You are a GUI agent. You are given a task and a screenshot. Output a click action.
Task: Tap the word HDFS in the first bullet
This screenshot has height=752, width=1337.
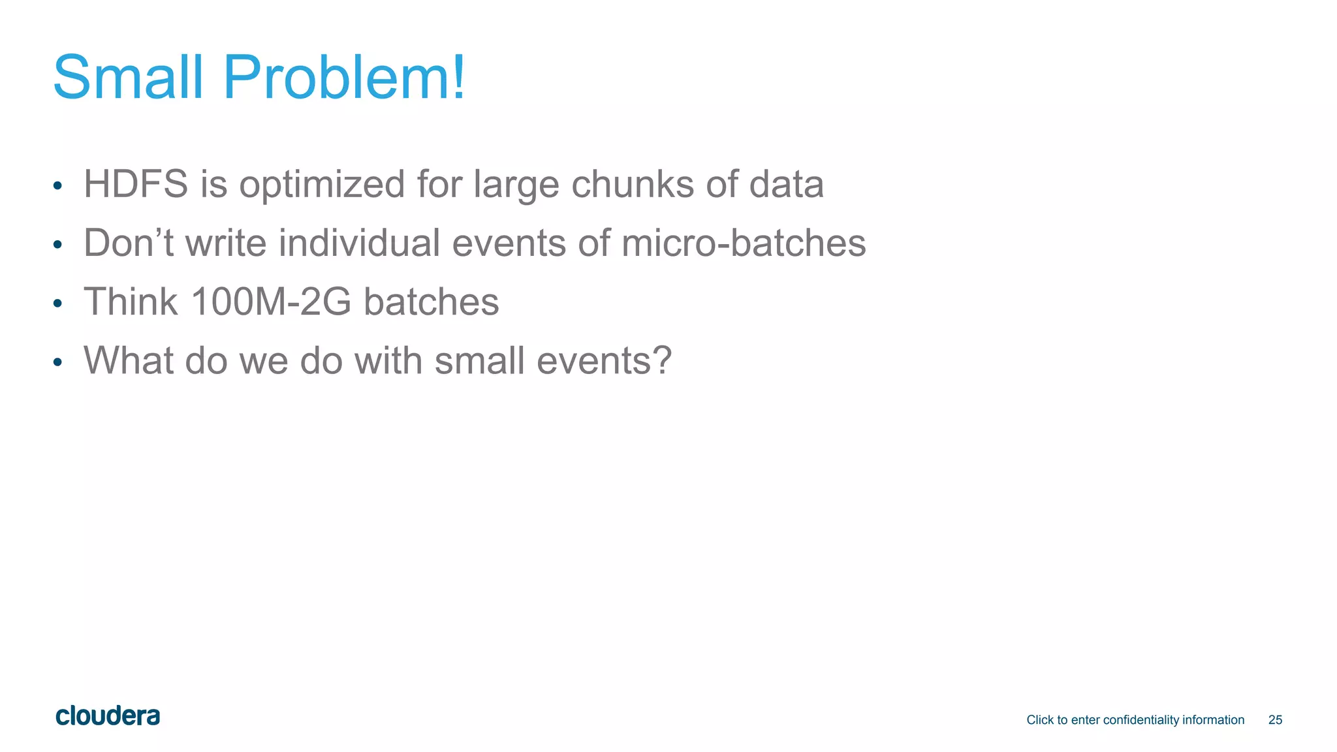tap(136, 184)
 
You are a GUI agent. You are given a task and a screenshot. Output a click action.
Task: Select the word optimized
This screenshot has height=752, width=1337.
tap(322, 185)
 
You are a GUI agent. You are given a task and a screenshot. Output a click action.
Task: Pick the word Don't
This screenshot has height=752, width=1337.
tap(129, 243)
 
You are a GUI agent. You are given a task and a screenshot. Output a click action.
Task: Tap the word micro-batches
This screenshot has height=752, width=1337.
tap(744, 243)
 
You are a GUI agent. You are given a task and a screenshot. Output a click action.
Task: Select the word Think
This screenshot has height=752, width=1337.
tap(131, 302)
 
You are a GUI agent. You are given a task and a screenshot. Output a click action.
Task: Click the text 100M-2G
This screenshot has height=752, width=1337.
tap(271, 302)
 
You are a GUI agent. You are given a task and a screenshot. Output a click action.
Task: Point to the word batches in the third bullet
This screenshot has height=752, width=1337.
tap(431, 302)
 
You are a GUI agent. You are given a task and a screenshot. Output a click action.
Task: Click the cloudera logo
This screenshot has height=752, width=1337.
tap(108, 716)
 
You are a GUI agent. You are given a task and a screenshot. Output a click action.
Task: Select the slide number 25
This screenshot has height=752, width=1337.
tap(1275, 720)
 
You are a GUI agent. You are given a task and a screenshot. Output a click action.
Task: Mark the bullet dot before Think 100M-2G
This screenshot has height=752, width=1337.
tap(57, 304)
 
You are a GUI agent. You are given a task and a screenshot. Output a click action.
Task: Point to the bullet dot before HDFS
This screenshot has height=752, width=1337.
tap(57, 186)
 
